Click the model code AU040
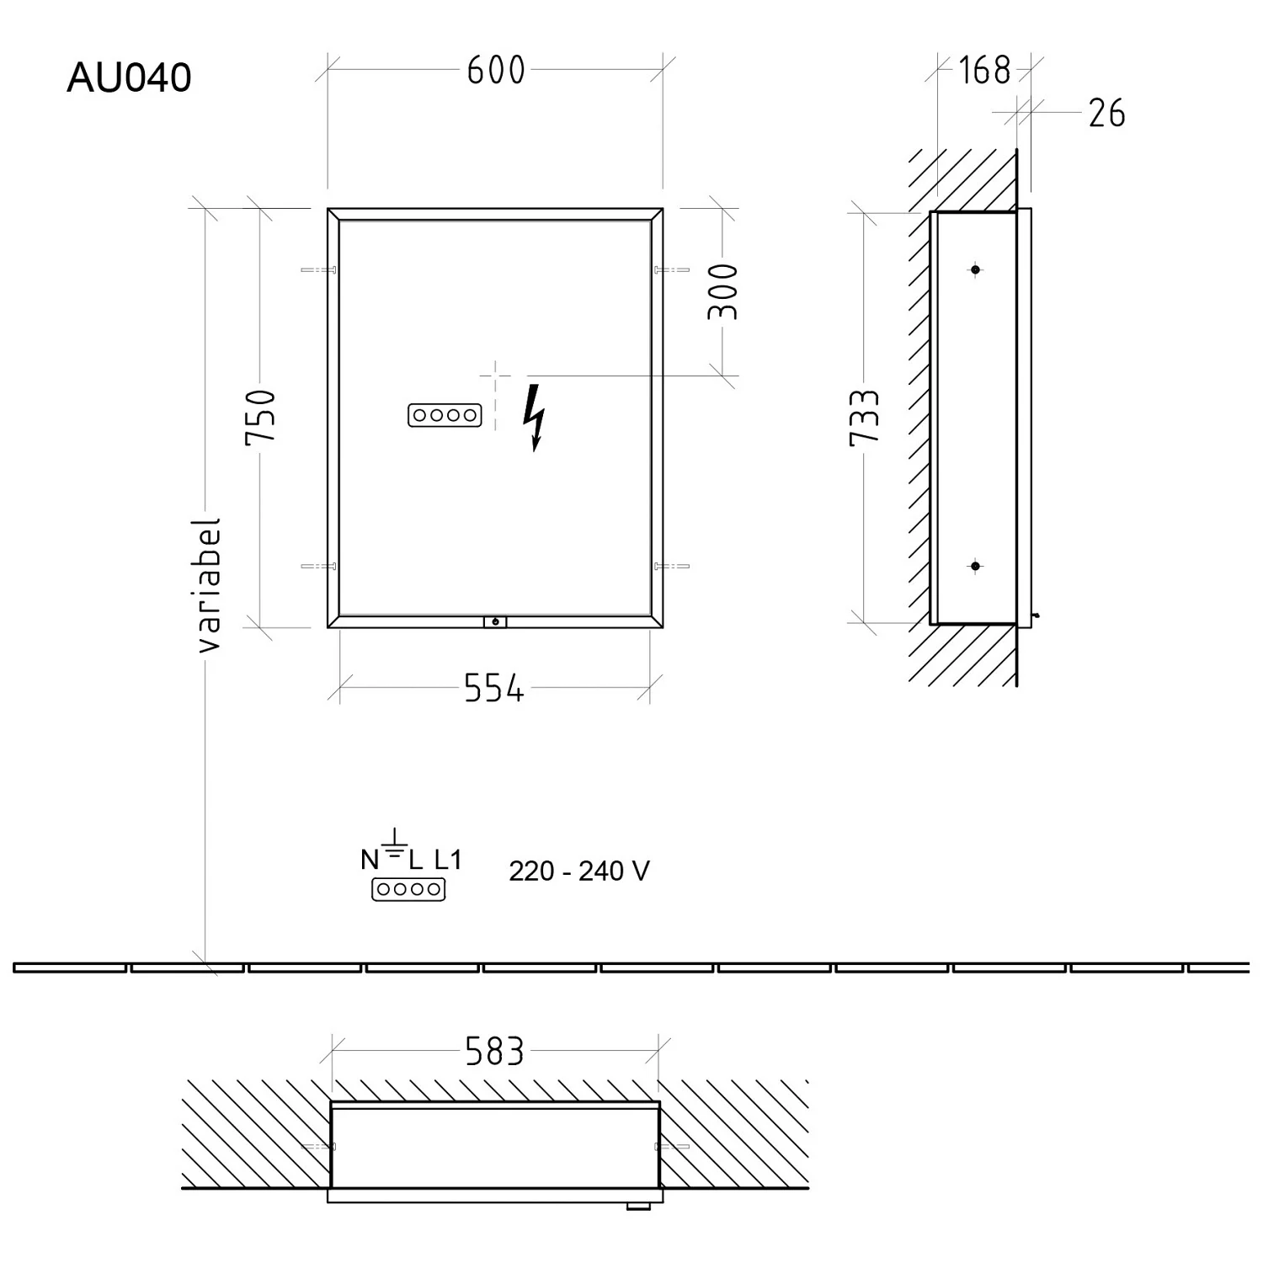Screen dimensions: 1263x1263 point(129,77)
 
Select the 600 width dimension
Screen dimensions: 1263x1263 point(496,71)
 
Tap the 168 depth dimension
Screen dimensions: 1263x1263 point(984,71)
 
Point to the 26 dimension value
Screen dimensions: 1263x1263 point(1106,114)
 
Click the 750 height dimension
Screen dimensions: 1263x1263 point(260,418)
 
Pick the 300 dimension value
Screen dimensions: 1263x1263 point(722,291)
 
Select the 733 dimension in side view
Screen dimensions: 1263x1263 point(865,417)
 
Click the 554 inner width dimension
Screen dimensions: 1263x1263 point(494,690)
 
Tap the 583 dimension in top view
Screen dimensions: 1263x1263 point(495,1052)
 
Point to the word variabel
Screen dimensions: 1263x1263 point(208,585)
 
